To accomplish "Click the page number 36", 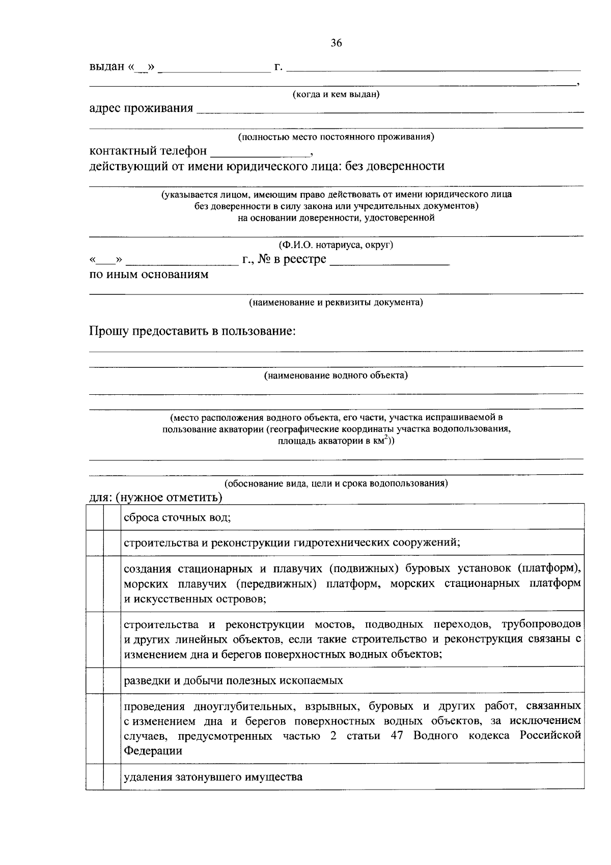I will coord(336,43).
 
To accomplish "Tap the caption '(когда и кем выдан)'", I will coord(336,94).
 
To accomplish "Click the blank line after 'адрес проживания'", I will coord(390,109).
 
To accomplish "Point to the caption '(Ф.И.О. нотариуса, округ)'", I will coord(336,245).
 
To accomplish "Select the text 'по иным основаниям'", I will coord(149,275).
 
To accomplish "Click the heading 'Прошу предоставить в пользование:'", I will coord(192,332).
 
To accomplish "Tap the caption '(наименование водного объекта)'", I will coord(336,376).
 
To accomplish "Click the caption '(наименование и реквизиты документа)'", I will coord(336,303).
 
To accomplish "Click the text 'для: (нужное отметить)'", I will coord(156,497).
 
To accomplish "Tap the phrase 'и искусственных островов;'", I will coord(195,599).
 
